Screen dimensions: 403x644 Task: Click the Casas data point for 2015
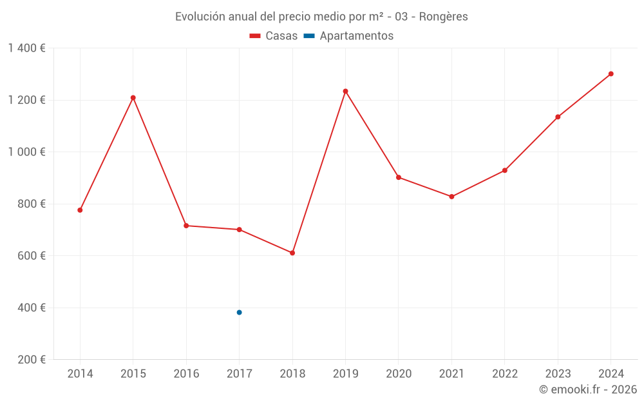point(133,98)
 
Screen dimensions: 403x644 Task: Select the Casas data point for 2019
point(345,91)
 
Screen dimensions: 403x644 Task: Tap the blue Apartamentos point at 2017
point(239,312)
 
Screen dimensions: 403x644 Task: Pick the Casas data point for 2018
point(292,253)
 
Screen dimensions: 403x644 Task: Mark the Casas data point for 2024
point(611,74)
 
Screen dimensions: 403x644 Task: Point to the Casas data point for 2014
point(80,210)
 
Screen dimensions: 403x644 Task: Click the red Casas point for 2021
point(451,197)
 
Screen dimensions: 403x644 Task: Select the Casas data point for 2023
point(558,117)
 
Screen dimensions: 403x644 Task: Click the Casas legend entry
point(274,36)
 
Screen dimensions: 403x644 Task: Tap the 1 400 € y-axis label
point(26,48)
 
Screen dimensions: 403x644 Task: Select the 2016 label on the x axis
point(186,374)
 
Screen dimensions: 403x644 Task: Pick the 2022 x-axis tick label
point(504,374)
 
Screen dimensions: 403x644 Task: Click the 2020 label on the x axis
point(399,374)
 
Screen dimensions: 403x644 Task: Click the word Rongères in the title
point(443,17)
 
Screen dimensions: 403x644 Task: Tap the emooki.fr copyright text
point(588,389)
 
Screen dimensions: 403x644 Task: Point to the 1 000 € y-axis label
point(26,152)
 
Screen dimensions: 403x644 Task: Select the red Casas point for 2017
point(239,230)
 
